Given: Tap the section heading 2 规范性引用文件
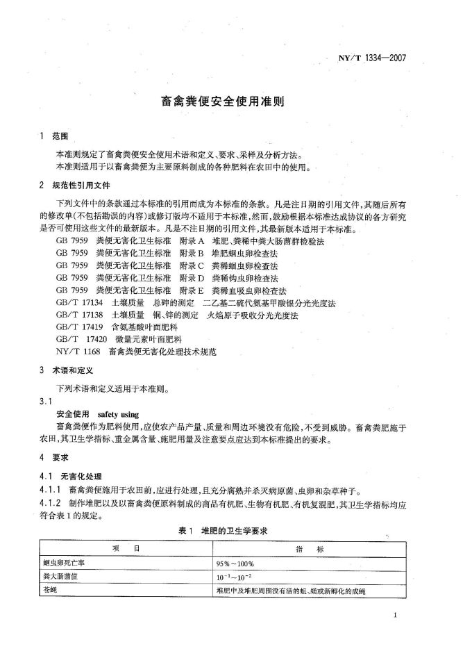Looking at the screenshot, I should pyautogui.click(x=76, y=186).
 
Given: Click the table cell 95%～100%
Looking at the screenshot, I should pyautogui.click(x=235, y=563).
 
